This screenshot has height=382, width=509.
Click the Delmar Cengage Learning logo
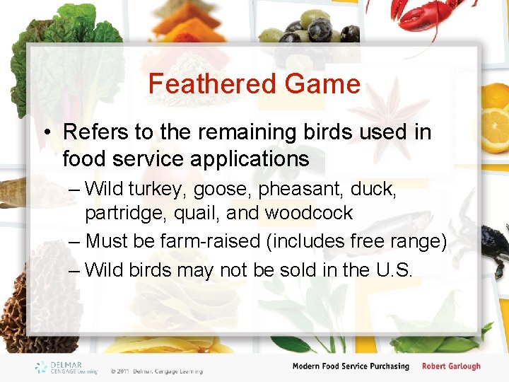tap(68, 367)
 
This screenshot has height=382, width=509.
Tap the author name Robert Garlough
tap(451, 366)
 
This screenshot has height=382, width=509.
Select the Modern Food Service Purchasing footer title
tap(351, 366)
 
